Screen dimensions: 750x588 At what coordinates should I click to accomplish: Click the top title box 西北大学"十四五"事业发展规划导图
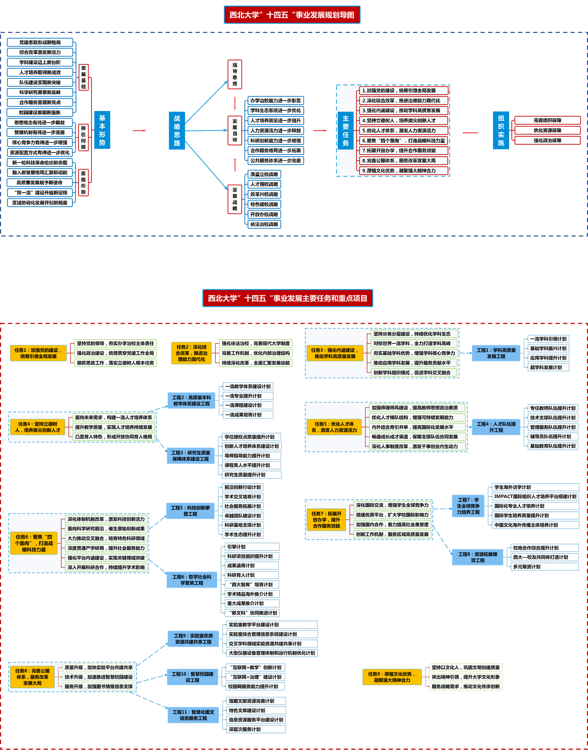click(x=292, y=15)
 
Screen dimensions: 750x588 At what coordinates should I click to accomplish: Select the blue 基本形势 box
click(x=102, y=130)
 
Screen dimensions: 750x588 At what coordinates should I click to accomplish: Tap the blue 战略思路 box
click(x=177, y=131)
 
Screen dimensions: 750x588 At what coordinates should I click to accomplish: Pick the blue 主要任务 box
click(x=345, y=131)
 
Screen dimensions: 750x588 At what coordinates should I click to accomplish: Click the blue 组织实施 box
click(x=501, y=130)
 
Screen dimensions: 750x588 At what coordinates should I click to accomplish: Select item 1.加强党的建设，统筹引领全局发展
click(x=403, y=91)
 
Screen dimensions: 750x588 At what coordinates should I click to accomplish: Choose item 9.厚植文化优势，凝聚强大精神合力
click(x=403, y=171)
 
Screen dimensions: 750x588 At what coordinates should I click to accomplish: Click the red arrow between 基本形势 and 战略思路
click(x=139, y=131)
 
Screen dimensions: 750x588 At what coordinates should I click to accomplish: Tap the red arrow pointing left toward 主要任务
click(x=470, y=133)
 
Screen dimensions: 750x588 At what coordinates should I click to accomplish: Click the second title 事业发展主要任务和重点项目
click(x=288, y=298)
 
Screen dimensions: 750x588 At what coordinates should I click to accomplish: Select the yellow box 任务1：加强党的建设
click(x=38, y=353)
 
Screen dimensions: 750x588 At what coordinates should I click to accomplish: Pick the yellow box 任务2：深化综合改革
click(x=191, y=353)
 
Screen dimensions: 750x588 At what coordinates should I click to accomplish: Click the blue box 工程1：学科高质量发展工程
click(x=496, y=353)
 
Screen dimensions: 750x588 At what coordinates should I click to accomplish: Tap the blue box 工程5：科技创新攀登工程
click(x=190, y=511)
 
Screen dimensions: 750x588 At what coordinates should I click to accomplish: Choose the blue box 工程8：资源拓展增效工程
click(x=478, y=557)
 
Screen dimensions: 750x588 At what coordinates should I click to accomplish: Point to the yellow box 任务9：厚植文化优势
click(x=392, y=677)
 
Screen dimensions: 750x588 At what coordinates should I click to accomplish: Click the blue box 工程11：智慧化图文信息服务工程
click(x=193, y=715)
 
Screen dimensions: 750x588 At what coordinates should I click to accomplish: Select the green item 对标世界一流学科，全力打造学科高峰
click(x=414, y=344)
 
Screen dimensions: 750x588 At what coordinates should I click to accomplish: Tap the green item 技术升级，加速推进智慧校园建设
click(x=98, y=677)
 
